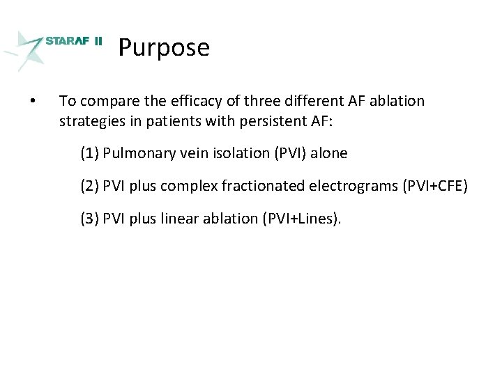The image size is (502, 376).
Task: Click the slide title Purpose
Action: [164, 47]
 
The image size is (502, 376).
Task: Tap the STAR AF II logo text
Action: [73, 41]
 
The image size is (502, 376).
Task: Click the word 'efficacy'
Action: [181, 101]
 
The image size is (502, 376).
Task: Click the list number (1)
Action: [89, 153]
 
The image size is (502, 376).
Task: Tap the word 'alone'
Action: [328, 153]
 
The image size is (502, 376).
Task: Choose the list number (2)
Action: [89, 186]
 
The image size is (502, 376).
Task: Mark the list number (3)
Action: [89, 219]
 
